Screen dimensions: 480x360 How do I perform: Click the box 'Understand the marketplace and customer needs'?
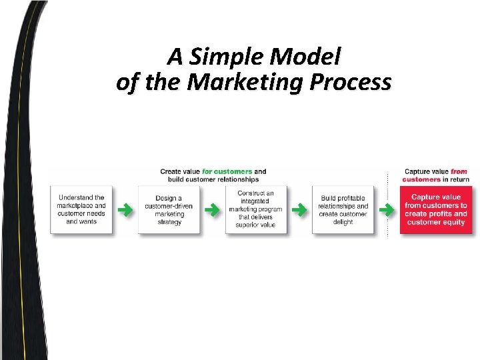81,209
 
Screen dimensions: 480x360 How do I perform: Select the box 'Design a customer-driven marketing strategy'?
169,209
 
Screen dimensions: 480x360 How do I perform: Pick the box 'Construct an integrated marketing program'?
255,209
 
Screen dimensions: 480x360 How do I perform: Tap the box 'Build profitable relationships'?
343,209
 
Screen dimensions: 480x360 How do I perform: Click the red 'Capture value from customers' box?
435,209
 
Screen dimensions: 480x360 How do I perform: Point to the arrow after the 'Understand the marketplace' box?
124,210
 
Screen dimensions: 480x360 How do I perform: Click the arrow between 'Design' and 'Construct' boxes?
211,210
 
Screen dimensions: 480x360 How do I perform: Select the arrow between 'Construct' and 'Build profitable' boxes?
299,210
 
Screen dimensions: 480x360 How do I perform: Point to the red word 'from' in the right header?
459,171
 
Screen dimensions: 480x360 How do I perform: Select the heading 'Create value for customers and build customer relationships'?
213,175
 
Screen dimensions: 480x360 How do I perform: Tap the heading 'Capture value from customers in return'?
436,175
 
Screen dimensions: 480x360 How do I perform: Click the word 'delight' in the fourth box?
343,222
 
